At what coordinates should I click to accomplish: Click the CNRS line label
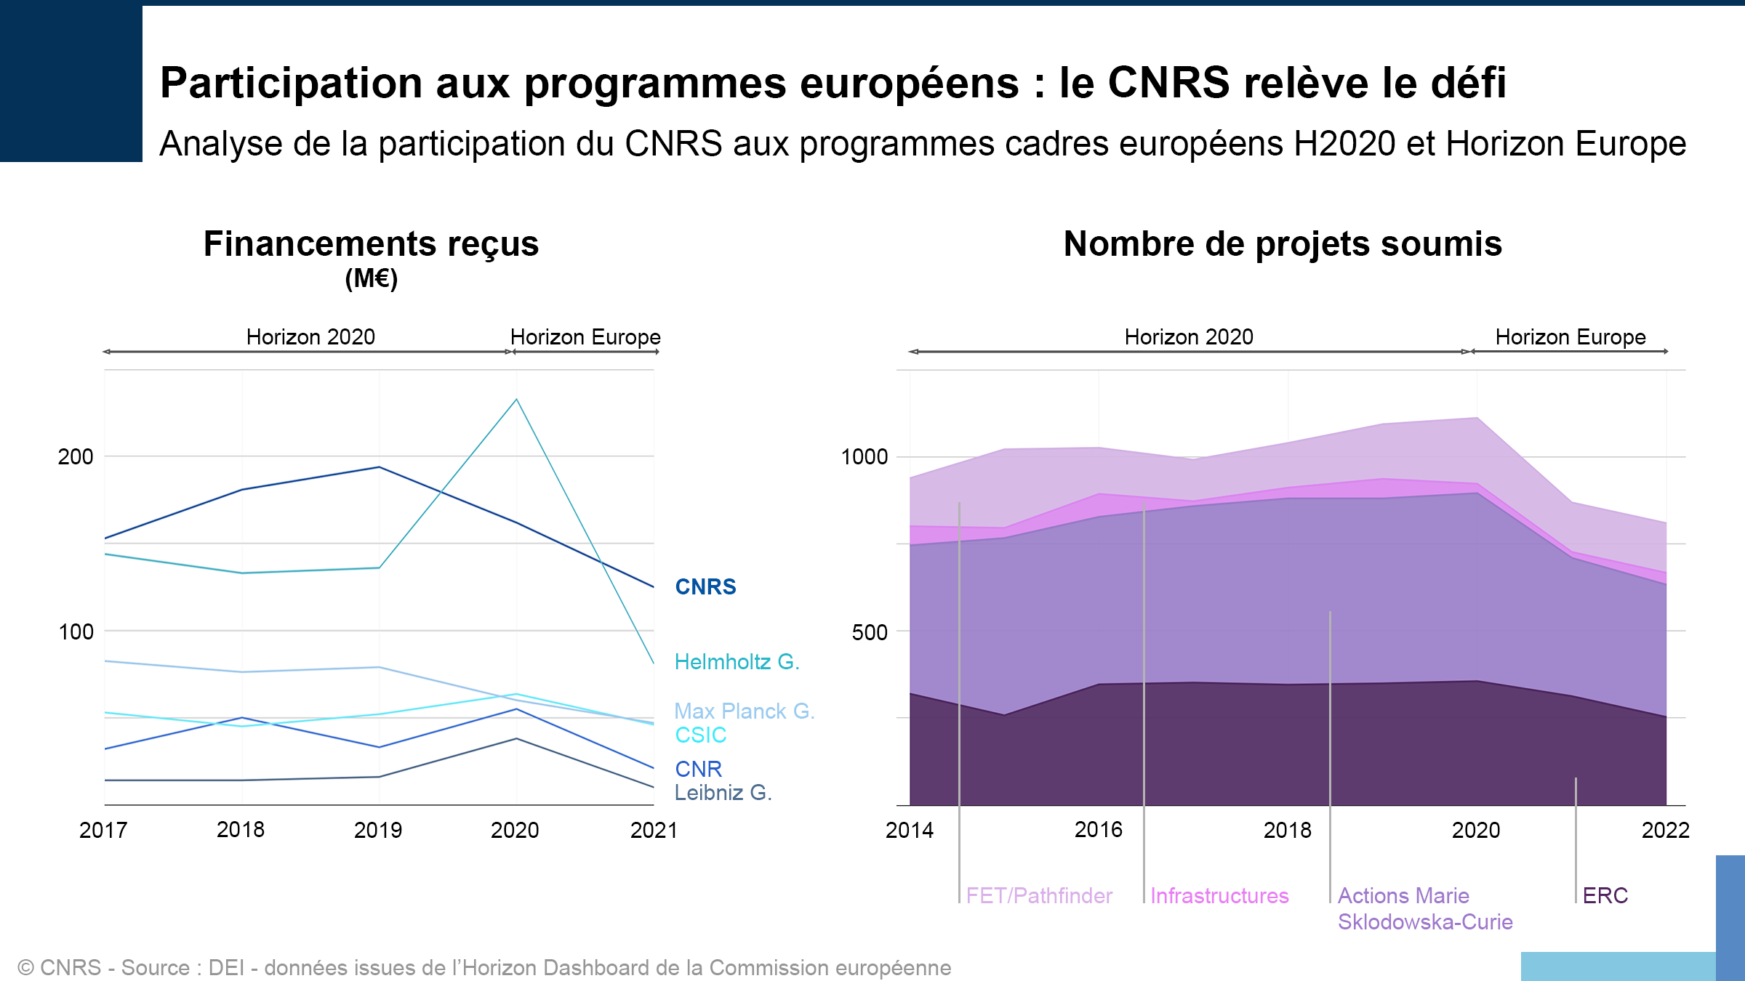pos(705,586)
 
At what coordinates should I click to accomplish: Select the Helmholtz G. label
pos(737,662)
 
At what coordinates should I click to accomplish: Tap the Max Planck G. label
pos(744,711)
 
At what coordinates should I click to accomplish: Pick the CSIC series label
pos(700,735)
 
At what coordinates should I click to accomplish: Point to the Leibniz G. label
pos(723,792)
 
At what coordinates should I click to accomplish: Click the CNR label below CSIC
pos(698,769)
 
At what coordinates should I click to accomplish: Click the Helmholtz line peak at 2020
pos(516,399)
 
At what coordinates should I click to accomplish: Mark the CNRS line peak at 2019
pos(379,467)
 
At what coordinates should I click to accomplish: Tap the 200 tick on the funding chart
pos(76,457)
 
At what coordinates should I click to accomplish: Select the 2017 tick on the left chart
pos(103,830)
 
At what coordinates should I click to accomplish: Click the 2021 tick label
pos(653,830)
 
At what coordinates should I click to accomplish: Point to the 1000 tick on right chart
pos(864,457)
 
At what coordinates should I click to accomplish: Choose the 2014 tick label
pos(909,830)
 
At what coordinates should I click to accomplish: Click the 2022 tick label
pos(1665,830)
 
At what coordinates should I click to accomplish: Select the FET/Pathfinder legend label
pos(1038,896)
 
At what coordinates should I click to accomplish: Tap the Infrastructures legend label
pos(1219,896)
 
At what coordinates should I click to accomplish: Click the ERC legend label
pos(1605,896)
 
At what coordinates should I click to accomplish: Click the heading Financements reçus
pos(371,244)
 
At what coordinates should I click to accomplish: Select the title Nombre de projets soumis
pos(1283,244)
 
